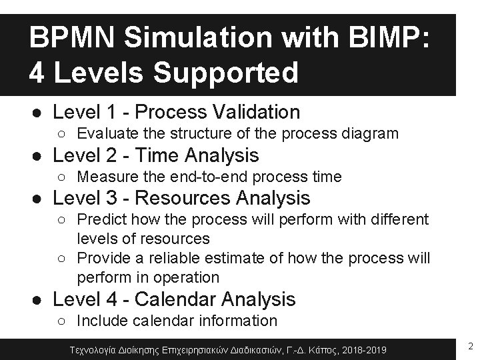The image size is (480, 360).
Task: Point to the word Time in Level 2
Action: point(167,155)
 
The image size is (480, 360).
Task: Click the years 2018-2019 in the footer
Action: point(365,348)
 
